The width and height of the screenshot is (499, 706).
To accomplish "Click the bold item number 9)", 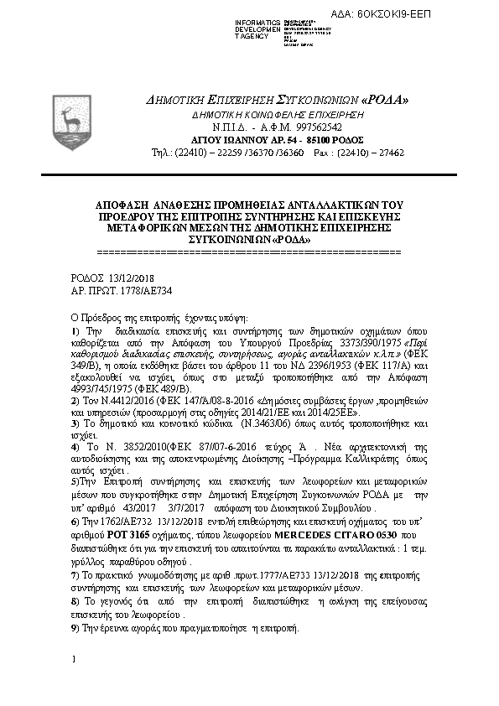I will point(75,629).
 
